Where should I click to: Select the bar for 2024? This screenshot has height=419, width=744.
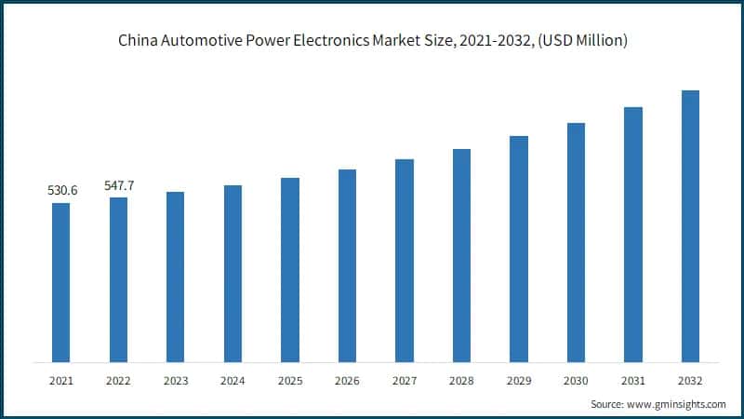point(232,274)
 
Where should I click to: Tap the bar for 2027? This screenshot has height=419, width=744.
point(404,261)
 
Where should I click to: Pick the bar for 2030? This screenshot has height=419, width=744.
point(576,242)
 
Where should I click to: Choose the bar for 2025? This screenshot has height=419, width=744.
point(290,270)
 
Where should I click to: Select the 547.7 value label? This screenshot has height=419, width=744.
point(119,185)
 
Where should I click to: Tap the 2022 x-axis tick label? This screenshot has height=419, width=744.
point(119,381)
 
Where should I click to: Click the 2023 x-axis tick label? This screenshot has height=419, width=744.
point(176,381)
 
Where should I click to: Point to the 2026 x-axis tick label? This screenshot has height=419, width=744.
point(347,381)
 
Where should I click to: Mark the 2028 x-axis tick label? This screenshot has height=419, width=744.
point(461,381)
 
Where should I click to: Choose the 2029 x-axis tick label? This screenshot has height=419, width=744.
point(519,381)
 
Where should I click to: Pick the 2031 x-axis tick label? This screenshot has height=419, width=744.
point(632,381)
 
